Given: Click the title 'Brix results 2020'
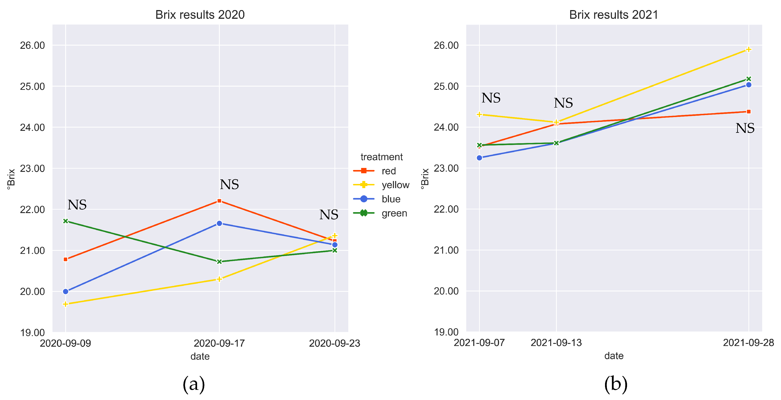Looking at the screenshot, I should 200,14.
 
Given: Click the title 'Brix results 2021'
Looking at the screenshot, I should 614,14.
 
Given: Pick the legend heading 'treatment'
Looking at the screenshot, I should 381,157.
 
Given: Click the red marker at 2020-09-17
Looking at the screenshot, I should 219,201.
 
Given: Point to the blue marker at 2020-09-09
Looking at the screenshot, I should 65,291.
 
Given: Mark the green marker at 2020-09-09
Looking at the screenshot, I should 65,221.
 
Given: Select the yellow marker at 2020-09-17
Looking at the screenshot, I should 219,279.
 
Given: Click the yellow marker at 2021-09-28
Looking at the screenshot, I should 749,49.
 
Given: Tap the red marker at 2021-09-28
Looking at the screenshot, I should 749,112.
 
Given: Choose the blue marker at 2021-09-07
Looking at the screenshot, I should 479,158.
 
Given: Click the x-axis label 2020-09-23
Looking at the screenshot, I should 335,343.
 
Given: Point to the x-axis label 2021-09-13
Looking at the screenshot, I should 556,342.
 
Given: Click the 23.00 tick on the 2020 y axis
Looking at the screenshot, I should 32,168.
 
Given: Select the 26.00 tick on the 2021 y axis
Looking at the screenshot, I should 446,45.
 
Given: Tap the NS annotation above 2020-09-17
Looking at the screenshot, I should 229,184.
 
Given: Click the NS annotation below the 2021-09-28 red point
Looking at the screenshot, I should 745,128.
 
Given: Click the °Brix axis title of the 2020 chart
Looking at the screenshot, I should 11,179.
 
